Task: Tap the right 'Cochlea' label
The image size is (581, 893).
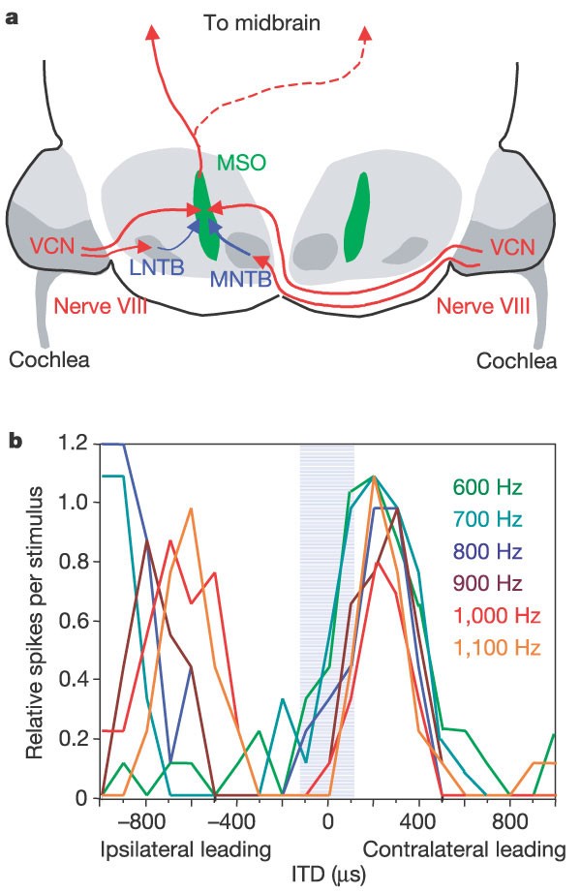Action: click(518, 361)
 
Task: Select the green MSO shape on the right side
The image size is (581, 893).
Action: click(357, 217)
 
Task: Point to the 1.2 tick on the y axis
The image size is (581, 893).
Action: click(79, 445)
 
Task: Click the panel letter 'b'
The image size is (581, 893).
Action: click(16, 443)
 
